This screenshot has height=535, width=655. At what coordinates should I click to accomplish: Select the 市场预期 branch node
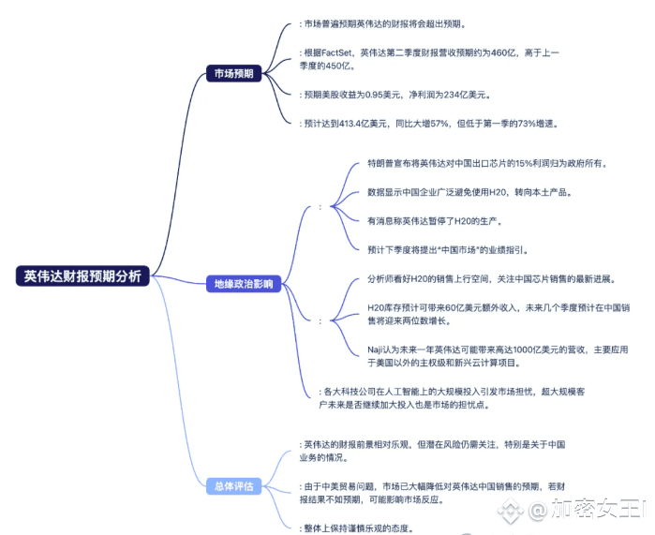232,73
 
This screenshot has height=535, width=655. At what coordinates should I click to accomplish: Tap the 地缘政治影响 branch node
242,284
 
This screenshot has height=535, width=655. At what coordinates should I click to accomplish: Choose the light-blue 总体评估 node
232,486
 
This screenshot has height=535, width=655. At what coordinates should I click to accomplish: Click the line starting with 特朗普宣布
487,163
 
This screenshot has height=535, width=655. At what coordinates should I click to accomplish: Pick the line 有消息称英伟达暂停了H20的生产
436,221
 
